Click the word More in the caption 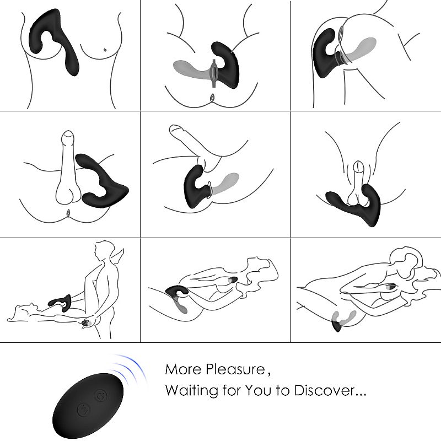(x=183, y=369)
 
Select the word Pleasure (x=235, y=369)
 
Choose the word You (x=259, y=390)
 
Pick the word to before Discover (x=283, y=391)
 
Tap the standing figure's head (x=102, y=251)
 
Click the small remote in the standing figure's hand (x=87, y=324)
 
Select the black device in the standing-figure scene (x=61, y=303)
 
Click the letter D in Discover (x=300, y=391)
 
